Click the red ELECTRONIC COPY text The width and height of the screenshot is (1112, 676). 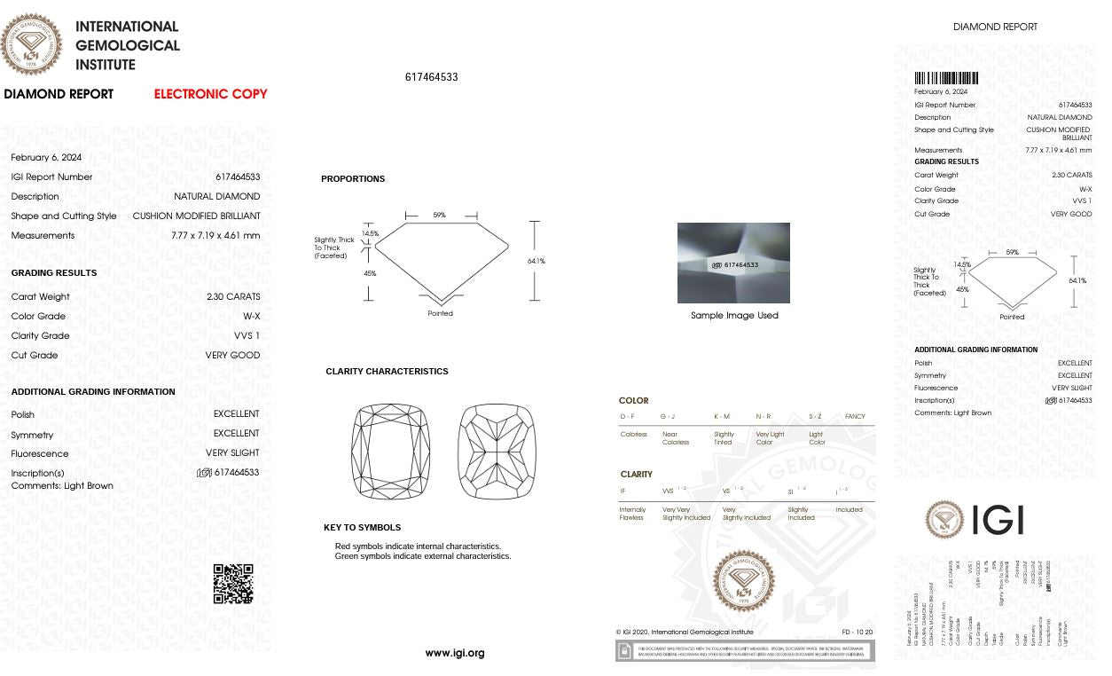(210, 94)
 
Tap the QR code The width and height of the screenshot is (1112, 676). (233, 584)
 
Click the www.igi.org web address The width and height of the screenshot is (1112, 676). (454, 653)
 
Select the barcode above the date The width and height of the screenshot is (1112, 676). (946, 78)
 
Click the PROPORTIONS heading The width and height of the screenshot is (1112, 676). (353, 179)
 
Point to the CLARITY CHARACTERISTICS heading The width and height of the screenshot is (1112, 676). (387, 372)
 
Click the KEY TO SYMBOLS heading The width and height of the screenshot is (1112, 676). (362, 528)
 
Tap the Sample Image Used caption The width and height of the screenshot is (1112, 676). (734, 316)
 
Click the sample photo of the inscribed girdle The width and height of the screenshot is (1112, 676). (733, 263)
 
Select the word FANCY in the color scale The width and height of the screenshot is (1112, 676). (855, 417)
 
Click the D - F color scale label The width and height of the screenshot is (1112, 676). (627, 417)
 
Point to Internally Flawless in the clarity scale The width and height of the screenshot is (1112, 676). (632, 514)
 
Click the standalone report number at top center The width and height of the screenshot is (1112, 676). (431, 77)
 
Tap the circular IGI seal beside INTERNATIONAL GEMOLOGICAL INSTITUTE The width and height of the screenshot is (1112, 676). (32, 44)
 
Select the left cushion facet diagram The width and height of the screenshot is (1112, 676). (390, 452)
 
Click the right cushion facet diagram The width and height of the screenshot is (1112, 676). (497, 452)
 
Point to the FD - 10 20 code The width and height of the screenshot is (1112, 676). (857, 633)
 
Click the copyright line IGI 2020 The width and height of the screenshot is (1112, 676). (685, 633)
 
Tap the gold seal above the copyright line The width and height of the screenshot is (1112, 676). (743, 580)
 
